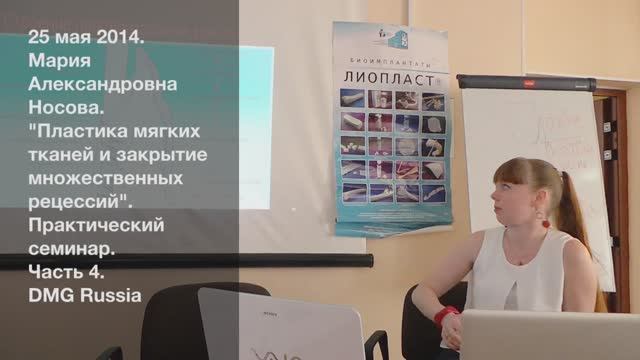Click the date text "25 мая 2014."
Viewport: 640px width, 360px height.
pyautogui.click(x=87, y=38)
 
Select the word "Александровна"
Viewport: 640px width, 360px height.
pyautogui.click(x=103, y=85)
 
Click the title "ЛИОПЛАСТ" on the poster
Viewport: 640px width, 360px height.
pyautogui.click(x=391, y=76)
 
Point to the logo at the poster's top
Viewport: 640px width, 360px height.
pyautogui.click(x=393, y=39)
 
